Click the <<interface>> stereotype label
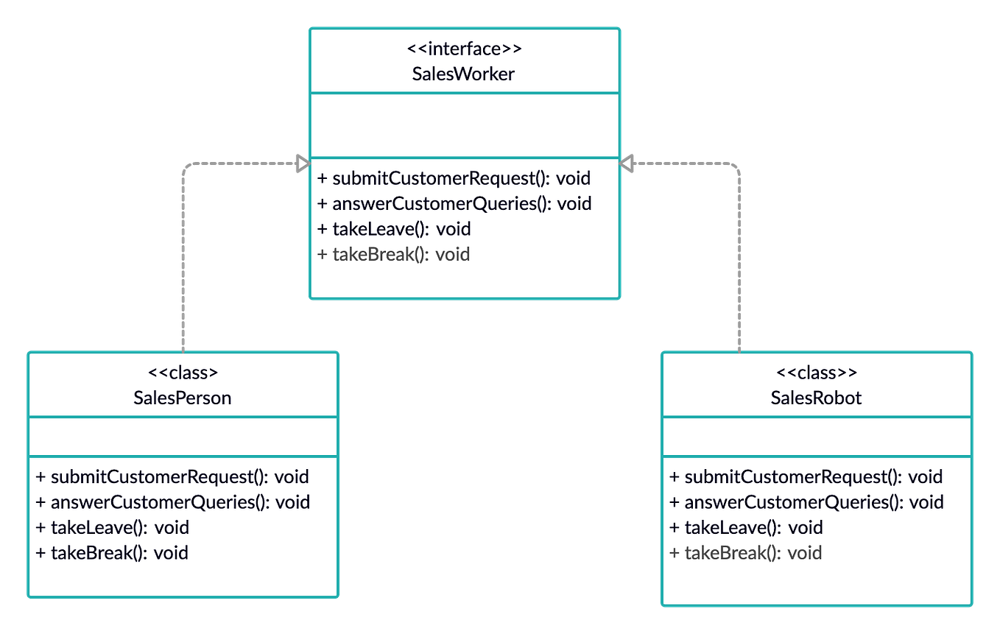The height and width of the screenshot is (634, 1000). point(464,49)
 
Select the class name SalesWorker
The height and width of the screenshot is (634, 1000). point(464,74)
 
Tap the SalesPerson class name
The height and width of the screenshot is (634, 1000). point(183,398)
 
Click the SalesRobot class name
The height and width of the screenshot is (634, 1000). point(816,398)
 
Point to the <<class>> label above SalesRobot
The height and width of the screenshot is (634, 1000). point(816,373)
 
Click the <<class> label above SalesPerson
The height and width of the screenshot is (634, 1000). point(183,373)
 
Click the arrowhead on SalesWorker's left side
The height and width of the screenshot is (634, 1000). point(301,163)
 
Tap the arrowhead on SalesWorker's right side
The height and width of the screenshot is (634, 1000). point(628,163)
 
